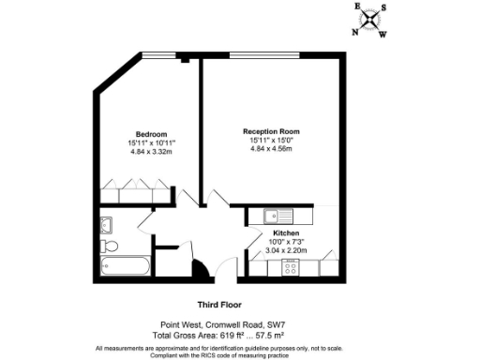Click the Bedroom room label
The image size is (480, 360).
[x=150, y=132]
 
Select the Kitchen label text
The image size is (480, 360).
[x=286, y=232]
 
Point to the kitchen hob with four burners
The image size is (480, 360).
[x=290, y=267]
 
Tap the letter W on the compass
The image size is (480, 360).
[x=384, y=36]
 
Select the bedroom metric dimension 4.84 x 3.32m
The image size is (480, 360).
[x=150, y=151]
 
